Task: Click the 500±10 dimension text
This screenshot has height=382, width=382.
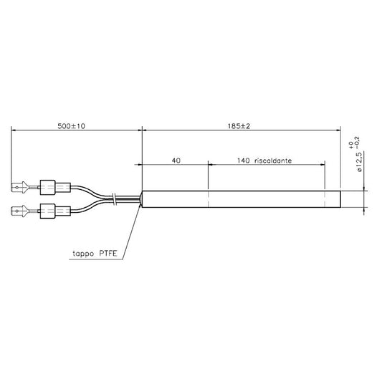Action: click(72, 126)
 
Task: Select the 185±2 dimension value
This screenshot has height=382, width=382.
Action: click(239, 126)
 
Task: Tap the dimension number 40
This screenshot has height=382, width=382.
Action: click(176, 161)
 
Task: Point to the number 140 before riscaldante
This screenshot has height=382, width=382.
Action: click(244, 161)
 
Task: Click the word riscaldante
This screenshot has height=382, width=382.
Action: click(273, 161)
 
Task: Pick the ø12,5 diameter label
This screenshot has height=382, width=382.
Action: click(360, 162)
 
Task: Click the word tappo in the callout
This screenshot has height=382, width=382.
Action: click(83, 254)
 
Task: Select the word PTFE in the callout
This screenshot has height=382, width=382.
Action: click(108, 254)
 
